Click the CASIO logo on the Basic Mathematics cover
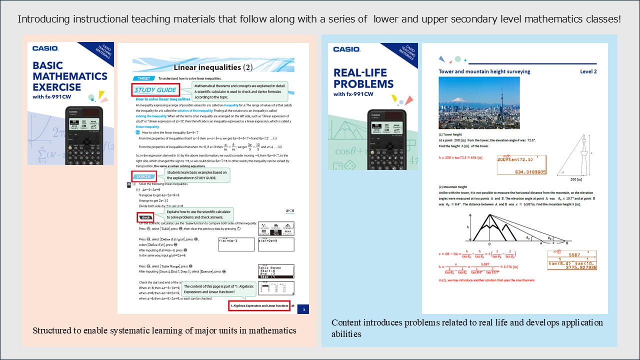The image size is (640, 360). (45, 48)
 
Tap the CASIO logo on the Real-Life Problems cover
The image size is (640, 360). (346, 49)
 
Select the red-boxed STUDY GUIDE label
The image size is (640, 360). (155, 90)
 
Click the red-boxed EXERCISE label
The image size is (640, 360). (144, 176)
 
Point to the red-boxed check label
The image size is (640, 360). (145, 217)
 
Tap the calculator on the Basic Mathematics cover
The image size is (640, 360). (84, 135)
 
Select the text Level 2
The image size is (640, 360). (588, 71)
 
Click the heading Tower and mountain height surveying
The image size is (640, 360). (484, 71)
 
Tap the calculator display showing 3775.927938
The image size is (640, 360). (572, 260)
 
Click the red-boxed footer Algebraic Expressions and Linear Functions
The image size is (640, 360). (259, 306)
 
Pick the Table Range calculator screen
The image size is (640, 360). (276, 271)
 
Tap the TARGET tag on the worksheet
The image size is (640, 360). (143, 78)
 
